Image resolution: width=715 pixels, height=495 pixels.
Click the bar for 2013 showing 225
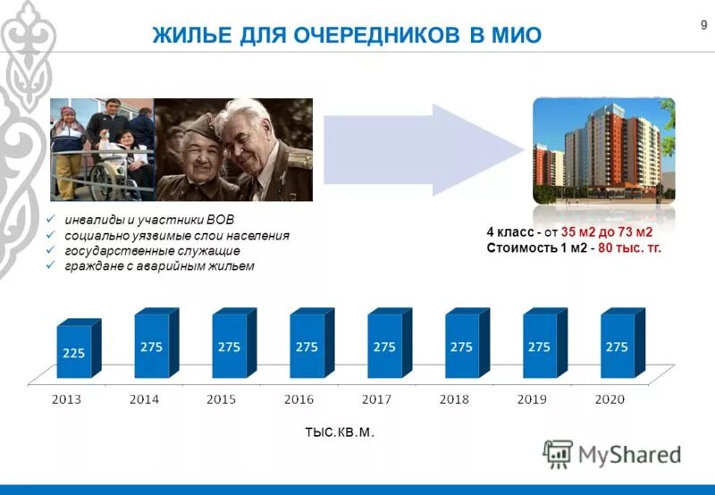pos(73,351)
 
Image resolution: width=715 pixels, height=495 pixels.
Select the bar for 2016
pos(307,343)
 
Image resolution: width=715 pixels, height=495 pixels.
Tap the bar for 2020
pos(617,343)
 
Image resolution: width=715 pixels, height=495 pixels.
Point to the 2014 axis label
pos(144,400)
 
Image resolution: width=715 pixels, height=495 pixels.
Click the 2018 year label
pos(456,400)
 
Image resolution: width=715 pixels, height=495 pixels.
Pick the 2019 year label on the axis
pos(534,400)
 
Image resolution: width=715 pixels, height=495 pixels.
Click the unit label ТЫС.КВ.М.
pos(339,432)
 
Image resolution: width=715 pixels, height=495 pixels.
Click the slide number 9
pos(691,25)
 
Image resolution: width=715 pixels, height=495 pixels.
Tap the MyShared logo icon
pos(558,454)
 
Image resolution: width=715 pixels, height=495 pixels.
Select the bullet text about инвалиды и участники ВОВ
pos(152,220)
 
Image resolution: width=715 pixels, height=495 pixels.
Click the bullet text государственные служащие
pos(152,251)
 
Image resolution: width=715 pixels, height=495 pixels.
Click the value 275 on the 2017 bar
pos(384,347)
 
